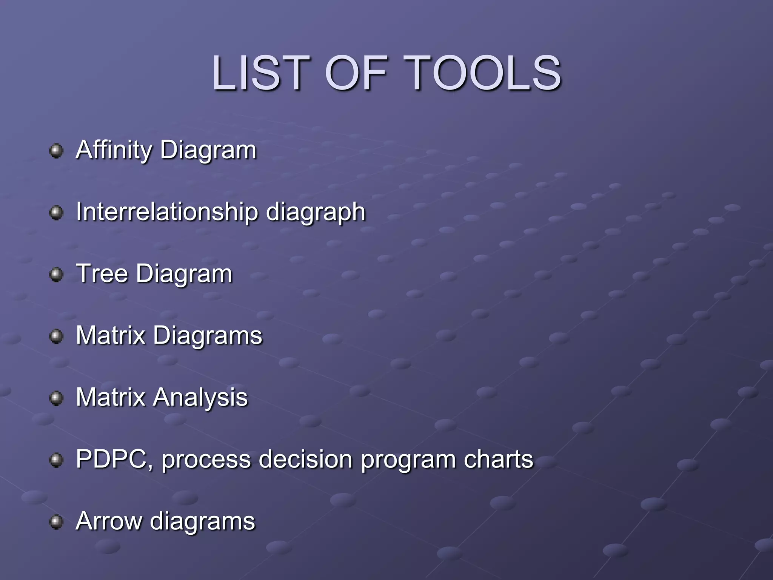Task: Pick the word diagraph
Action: click(x=316, y=213)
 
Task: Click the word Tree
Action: click(x=102, y=273)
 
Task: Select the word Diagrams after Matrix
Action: click(x=208, y=336)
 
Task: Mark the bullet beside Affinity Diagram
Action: click(x=56, y=151)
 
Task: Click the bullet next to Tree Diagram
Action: click(x=56, y=274)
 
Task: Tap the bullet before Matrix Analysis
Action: click(x=56, y=398)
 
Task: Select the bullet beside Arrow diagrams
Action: click(x=56, y=522)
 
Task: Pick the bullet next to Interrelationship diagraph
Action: click(x=56, y=212)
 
